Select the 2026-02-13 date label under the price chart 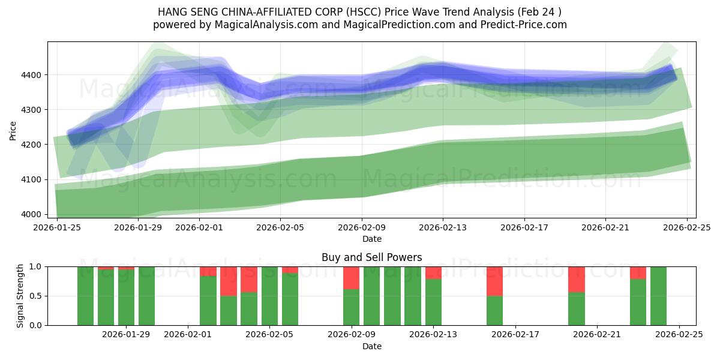[x=443, y=228]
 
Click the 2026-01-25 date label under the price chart [x=57, y=228]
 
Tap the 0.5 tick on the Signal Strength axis [x=37, y=296]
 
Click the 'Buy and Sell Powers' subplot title [x=371, y=257]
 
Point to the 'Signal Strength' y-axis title [x=20, y=296]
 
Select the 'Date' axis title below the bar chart [x=371, y=346]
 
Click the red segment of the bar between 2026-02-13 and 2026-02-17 [x=494, y=281]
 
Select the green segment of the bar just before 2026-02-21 [x=576, y=308]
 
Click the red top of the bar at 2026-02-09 [x=351, y=278]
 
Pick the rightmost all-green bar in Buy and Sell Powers [x=658, y=296]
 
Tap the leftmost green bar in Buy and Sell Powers [x=85, y=296]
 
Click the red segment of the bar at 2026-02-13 [x=433, y=272]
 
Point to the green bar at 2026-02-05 [x=269, y=296]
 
